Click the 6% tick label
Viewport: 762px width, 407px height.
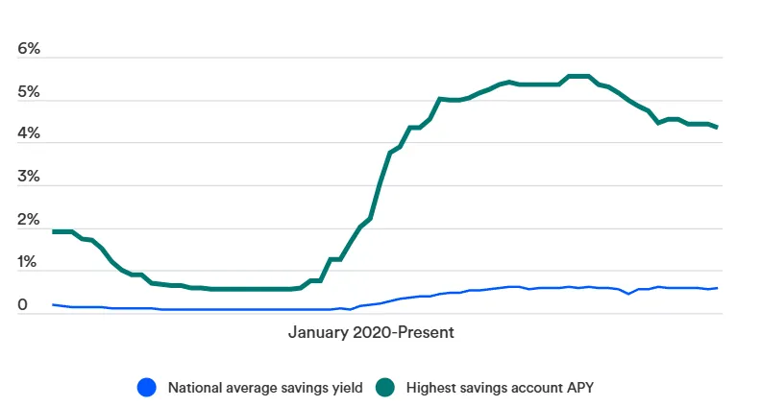pyautogui.click(x=28, y=49)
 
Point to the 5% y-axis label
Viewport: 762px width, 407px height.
pyautogui.click(x=28, y=92)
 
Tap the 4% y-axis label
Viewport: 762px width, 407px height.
pyautogui.click(x=28, y=134)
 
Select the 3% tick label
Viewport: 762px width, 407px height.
pyautogui.click(x=28, y=178)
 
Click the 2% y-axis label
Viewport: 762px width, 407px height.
pyautogui.click(x=28, y=221)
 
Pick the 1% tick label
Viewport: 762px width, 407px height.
pyautogui.click(x=28, y=263)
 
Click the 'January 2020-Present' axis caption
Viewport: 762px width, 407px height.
pyautogui.click(x=370, y=333)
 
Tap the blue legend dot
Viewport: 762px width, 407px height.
pyautogui.click(x=146, y=388)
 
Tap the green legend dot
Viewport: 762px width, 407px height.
pyautogui.click(x=385, y=388)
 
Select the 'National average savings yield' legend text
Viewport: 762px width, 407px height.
pyautogui.click(x=265, y=388)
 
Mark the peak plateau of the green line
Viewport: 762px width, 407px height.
pyautogui.click(x=578, y=76)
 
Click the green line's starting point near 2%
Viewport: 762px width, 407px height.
pyautogui.click(x=54, y=231)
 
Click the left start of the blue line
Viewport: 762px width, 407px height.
pyautogui.click(x=54, y=304)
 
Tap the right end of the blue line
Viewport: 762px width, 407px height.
pyautogui.click(x=717, y=288)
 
